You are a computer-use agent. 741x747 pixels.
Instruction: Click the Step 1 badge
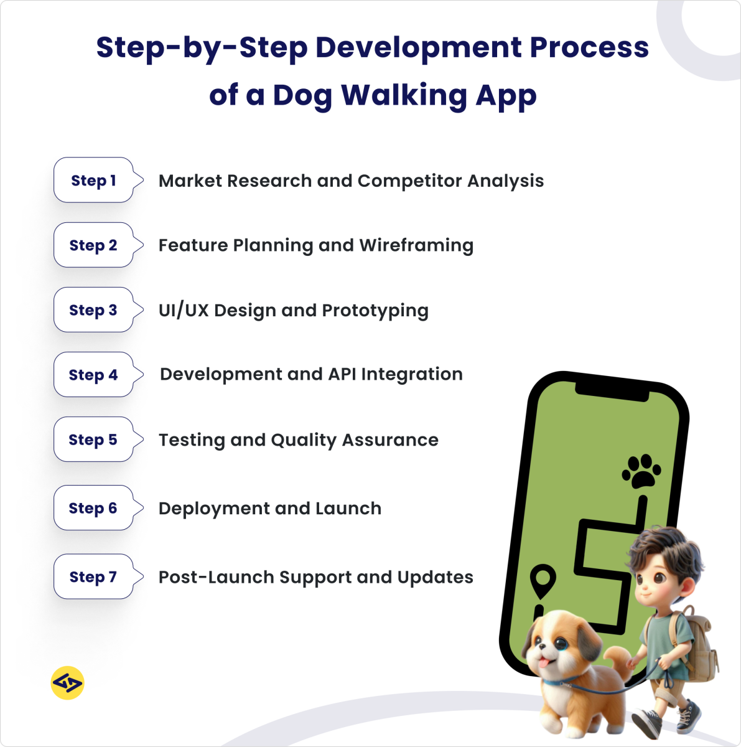pyautogui.click(x=93, y=181)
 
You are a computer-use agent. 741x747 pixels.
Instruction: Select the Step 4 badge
pyautogui.click(x=93, y=375)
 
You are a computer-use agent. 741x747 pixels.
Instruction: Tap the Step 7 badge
pyautogui.click(x=93, y=577)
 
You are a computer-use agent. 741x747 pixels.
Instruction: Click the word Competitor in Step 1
pyautogui.click(x=409, y=181)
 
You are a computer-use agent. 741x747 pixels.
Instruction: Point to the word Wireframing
pyautogui.click(x=416, y=246)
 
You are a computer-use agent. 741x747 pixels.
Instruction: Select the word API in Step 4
pyautogui.click(x=342, y=375)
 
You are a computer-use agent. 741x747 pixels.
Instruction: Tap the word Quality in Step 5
pyautogui.click(x=304, y=441)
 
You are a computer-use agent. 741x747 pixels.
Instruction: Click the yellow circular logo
pyautogui.click(x=67, y=684)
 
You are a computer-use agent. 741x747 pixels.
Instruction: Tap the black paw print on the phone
pyautogui.click(x=641, y=471)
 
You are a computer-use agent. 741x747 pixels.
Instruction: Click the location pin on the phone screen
pyautogui.click(x=543, y=580)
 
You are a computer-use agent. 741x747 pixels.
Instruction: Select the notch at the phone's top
pyautogui.click(x=613, y=390)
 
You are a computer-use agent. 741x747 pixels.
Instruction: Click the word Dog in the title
pyautogui.click(x=302, y=96)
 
